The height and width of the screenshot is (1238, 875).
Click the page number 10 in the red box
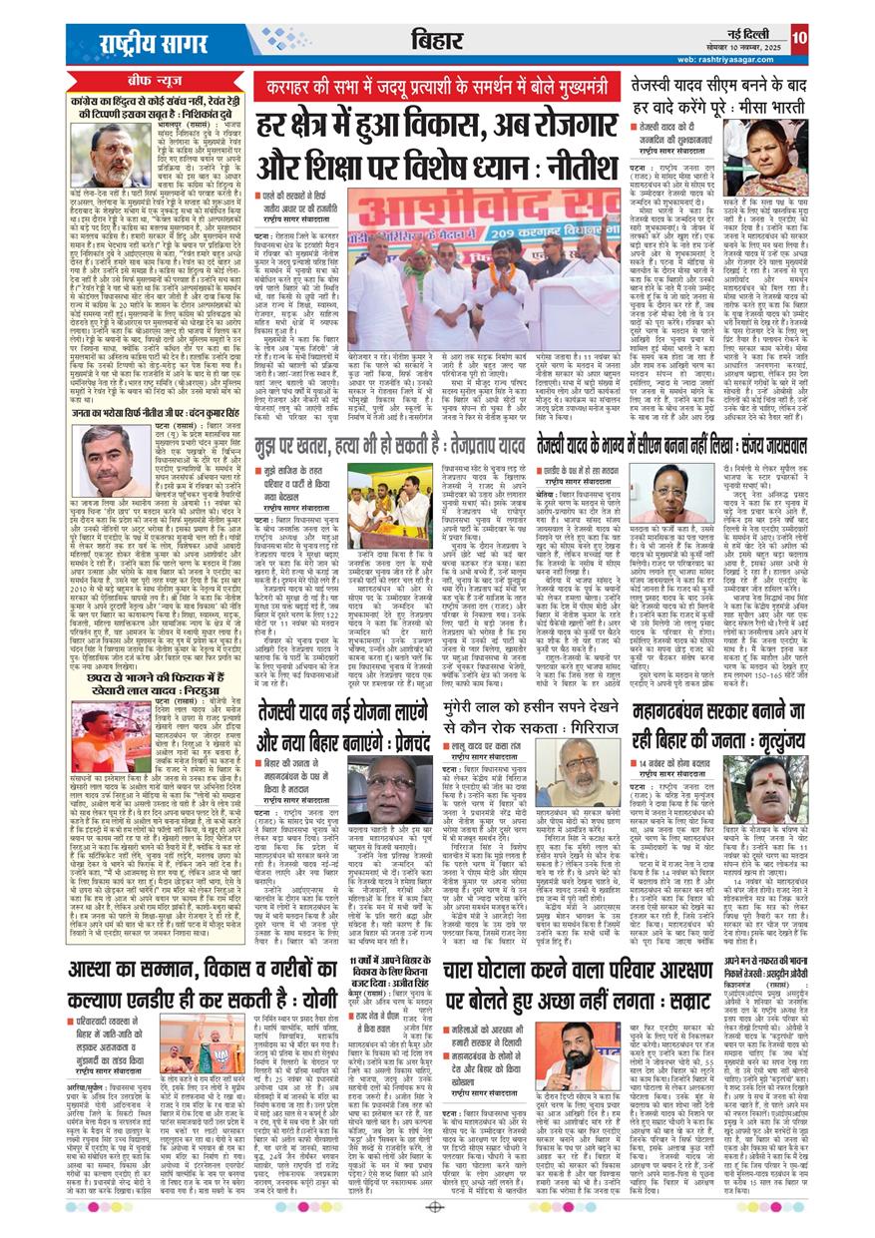[x=799, y=39]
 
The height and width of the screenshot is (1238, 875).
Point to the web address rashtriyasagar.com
[x=726, y=59]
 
